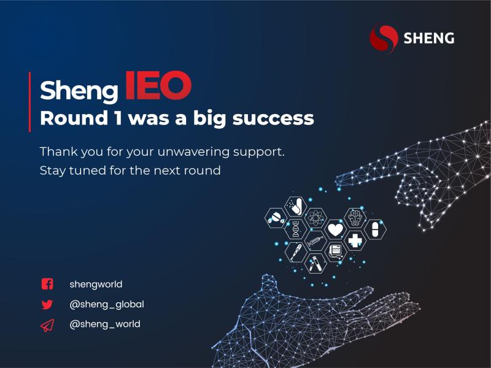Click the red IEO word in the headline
click(x=158, y=85)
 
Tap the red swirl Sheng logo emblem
click(x=384, y=39)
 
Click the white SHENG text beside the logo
click(x=428, y=38)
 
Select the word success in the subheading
click(x=273, y=118)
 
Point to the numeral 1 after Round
click(x=118, y=118)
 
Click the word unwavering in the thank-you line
click(x=193, y=151)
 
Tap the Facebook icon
click(x=47, y=284)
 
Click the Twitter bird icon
click(x=47, y=304)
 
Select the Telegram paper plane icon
click(x=47, y=325)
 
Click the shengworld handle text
click(x=96, y=285)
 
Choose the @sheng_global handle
click(x=107, y=304)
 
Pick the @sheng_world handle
click(x=105, y=324)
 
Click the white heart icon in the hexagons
click(x=335, y=229)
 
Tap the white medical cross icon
click(x=355, y=240)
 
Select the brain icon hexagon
click(x=355, y=218)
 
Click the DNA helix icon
click(x=295, y=229)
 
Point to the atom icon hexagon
click(x=315, y=218)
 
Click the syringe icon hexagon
click(x=315, y=240)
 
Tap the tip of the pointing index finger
click(x=336, y=181)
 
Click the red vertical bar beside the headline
click(x=29, y=102)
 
